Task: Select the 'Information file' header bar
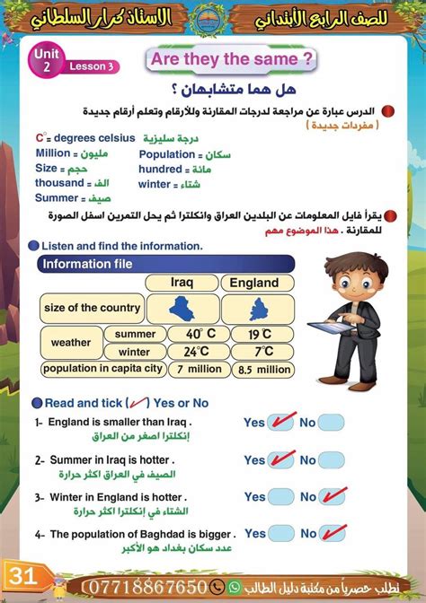click(167, 264)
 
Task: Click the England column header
click(254, 282)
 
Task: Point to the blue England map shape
click(254, 308)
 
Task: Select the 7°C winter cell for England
click(262, 351)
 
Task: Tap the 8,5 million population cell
click(264, 369)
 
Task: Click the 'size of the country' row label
click(92, 308)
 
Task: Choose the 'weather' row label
click(71, 342)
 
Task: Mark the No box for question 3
click(331, 496)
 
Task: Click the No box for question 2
click(331, 459)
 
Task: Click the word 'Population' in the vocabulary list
click(167, 154)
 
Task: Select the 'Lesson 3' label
click(93, 66)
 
